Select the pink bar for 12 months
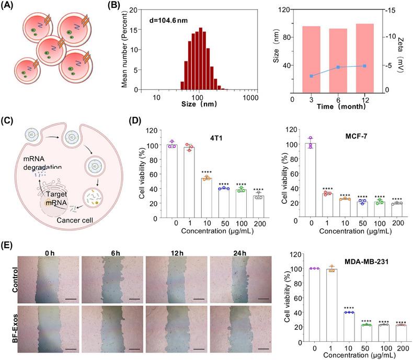click(x=364, y=56)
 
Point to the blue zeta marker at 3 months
click(x=311, y=76)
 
